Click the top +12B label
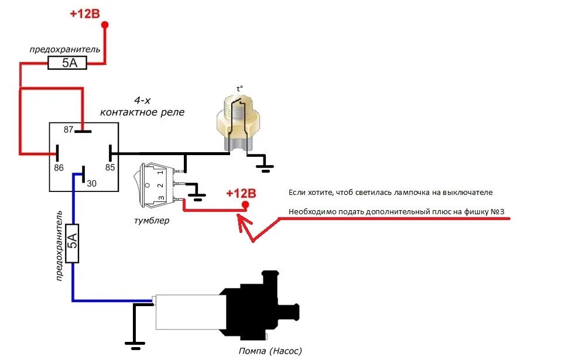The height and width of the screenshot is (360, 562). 85,13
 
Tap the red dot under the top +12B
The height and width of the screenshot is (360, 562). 105,25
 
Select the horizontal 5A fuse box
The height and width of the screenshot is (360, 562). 67,63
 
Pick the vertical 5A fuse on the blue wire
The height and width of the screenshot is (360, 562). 72,242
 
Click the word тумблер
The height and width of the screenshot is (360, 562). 152,221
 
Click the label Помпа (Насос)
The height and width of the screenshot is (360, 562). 270,351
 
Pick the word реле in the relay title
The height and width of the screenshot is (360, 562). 173,112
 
